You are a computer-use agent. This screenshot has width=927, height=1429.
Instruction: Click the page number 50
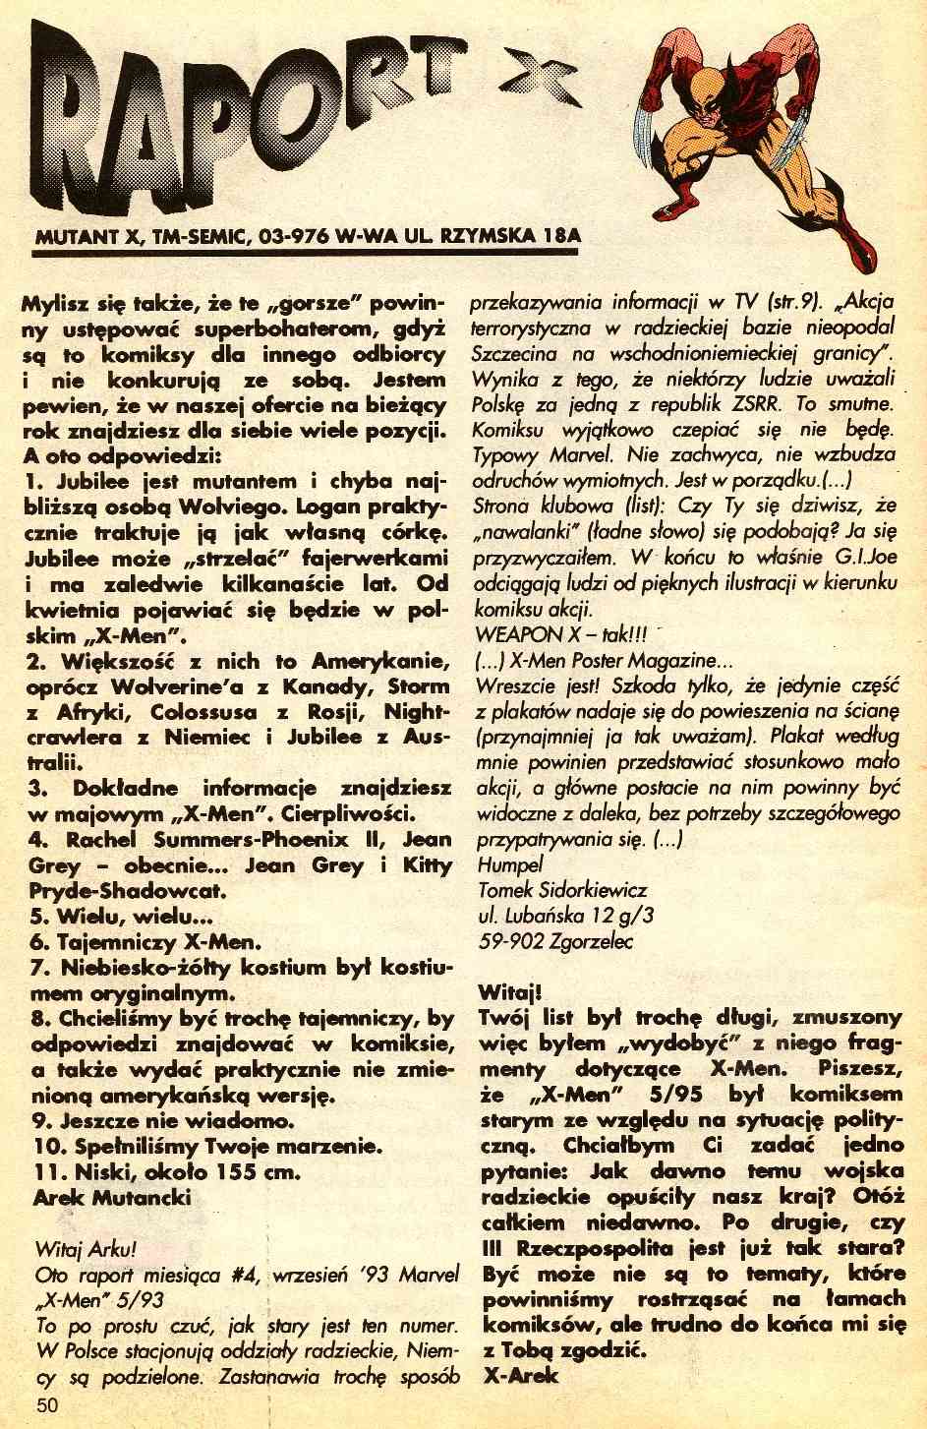click(x=49, y=1404)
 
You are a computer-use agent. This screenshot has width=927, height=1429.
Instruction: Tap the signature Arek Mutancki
click(x=112, y=1197)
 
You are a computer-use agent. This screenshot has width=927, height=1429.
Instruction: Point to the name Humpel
click(x=509, y=864)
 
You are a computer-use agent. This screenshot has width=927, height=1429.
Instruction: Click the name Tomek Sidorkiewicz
click(x=562, y=890)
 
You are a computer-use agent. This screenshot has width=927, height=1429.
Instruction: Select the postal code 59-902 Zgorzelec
click(x=555, y=941)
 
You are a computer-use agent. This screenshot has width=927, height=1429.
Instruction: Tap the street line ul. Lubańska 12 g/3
click(x=566, y=916)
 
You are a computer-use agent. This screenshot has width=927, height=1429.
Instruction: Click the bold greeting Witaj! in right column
click(x=508, y=990)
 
